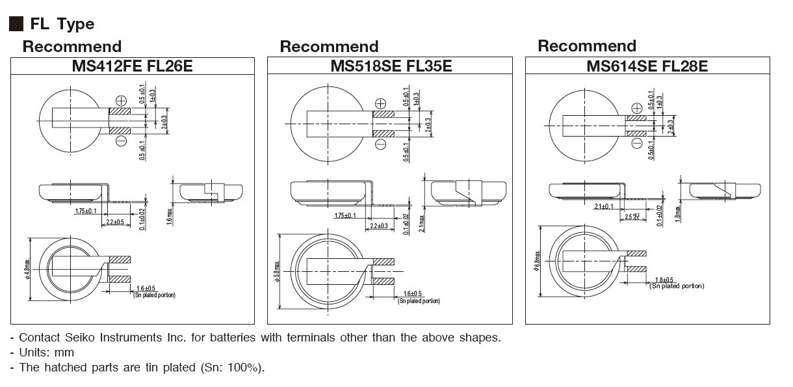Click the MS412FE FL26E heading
pyautogui.click(x=133, y=66)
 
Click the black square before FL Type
pyautogui.click(x=16, y=25)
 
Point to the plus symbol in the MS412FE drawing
pyautogui.click(x=121, y=100)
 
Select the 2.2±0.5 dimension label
pyautogui.click(x=116, y=222)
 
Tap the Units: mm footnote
pyautogui.click(x=46, y=353)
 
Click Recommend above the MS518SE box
pyautogui.click(x=329, y=47)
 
